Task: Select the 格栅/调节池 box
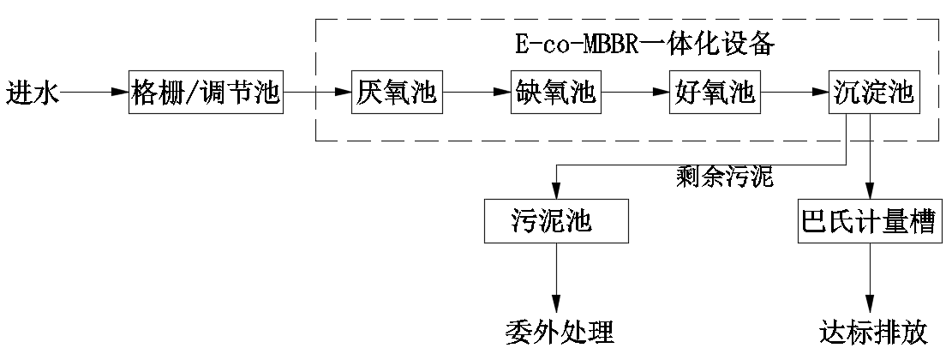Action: (207, 92)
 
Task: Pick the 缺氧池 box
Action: (556, 92)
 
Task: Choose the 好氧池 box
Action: (714, 92)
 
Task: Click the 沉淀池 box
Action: (872, 92)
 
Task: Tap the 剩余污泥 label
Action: (724, 178)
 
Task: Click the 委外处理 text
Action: (559, 330)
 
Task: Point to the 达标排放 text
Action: (872, 330)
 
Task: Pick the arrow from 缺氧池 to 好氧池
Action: (635, 92)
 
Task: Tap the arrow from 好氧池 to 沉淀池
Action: (793, 92)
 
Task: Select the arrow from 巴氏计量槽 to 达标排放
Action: (871, 279)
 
